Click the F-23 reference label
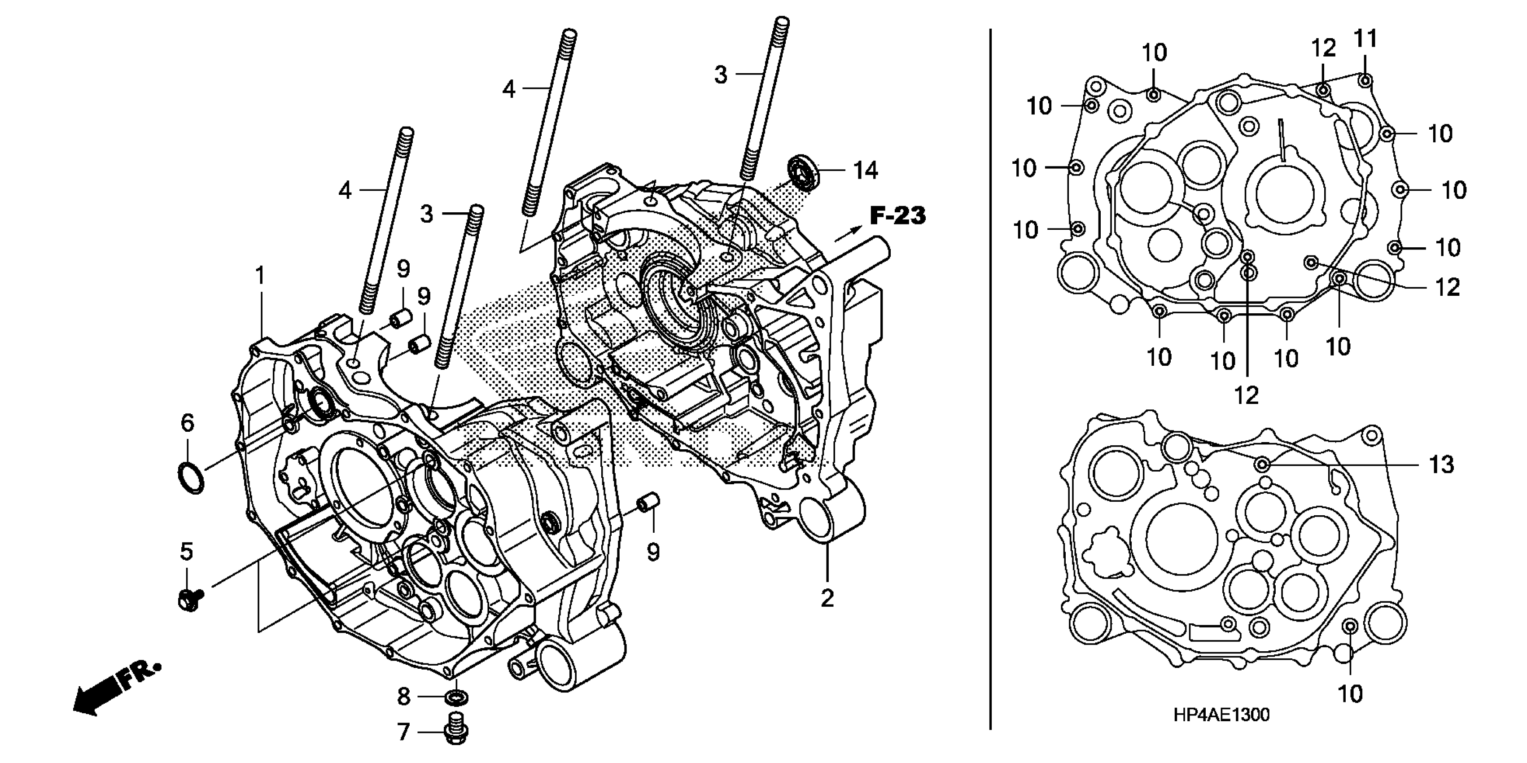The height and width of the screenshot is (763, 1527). pyautogui.click(x=897, y=216)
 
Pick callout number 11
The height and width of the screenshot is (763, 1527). pyautogui.click(x=1365, y=39)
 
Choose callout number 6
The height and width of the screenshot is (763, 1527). pyautogui.click(x=187, y=423)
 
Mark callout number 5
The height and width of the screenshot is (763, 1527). pyautogui.click(x=186, y=551)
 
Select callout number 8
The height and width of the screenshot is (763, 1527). pyautogui.click(x=404, y=697)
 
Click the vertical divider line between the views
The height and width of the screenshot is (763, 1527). pyautogui.click(x=990, y=379)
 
